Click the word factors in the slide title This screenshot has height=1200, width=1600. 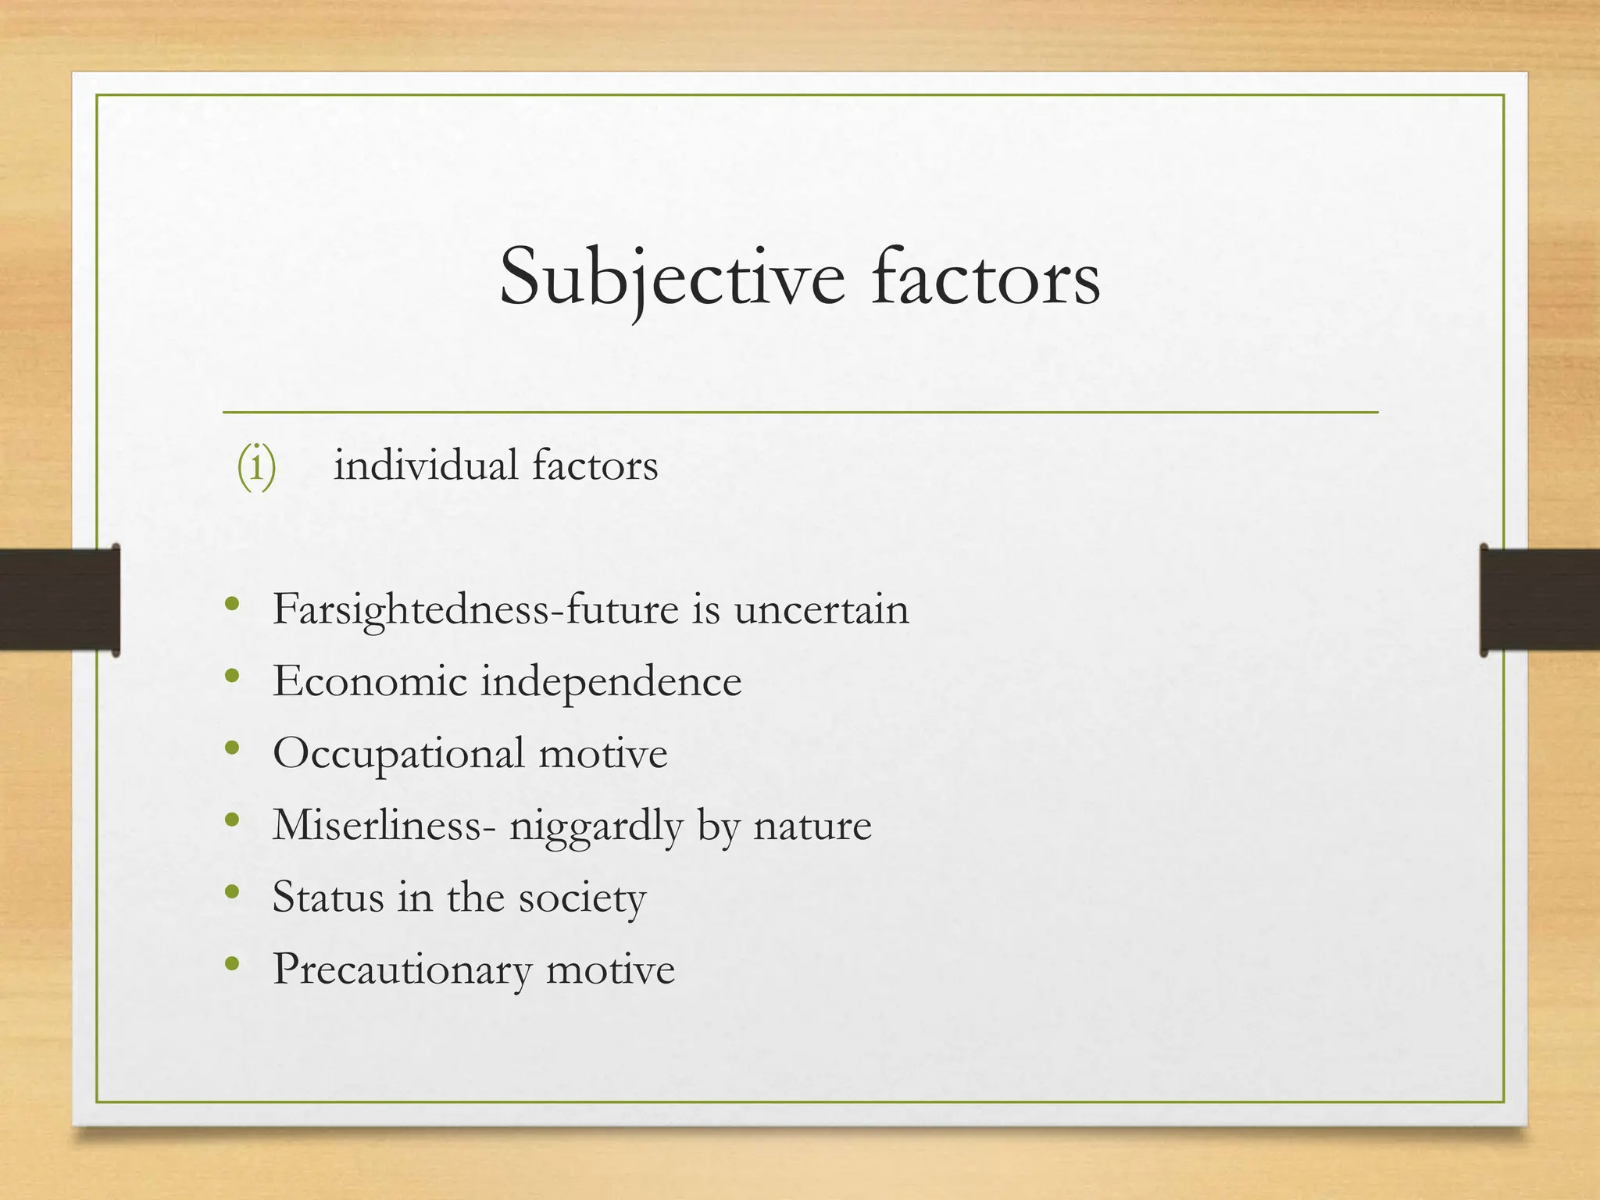coord(985,277)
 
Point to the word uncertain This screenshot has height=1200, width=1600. coord(821,610)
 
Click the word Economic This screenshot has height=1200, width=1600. coord(370,681)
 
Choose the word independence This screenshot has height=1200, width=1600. coord(610,681)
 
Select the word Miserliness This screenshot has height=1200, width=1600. coord(377,825)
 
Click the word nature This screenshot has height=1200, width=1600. coord(812,826)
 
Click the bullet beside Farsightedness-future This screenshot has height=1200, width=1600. coord(231,604)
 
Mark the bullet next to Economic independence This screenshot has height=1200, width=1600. coord(231,676)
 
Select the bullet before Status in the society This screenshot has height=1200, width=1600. coord(231,891)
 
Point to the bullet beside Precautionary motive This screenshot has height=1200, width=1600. coord(231,963)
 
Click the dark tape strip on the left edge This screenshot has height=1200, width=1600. coord(59,599)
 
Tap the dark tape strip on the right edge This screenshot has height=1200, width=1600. coord(1540,599)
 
